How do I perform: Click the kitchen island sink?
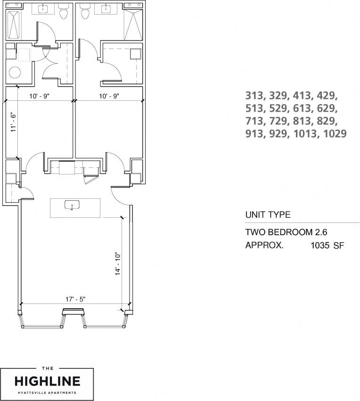(x=72, y=205)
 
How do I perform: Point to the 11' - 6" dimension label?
(x=14, y=122)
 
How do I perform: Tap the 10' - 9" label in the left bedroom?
(x=39, y=96)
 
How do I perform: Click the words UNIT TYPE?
(x=268, y=215)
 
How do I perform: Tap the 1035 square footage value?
(x=320, y=245)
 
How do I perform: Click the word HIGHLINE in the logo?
(x=47, y=381)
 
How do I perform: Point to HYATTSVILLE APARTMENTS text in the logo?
(x=47, y=392)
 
